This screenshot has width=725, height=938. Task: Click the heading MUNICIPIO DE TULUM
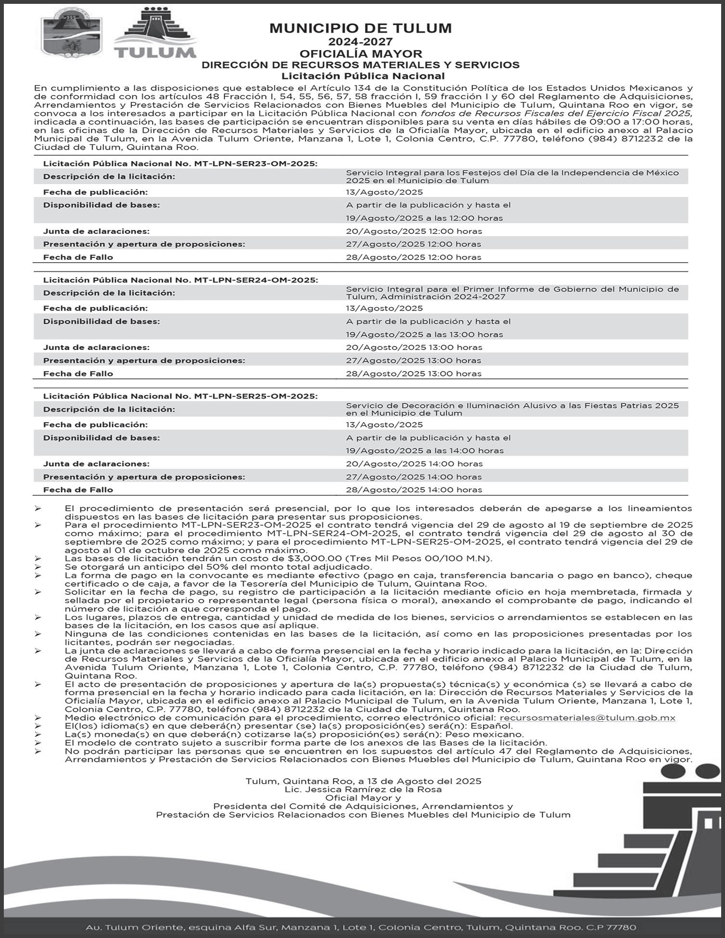361,28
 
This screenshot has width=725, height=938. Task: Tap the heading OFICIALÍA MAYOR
361,53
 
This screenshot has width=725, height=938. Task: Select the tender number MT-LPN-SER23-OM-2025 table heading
180,164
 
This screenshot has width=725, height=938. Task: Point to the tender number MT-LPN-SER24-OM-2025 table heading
180,280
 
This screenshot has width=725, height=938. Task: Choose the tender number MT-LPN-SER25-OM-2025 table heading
180,396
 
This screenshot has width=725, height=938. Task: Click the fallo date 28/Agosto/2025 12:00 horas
414,257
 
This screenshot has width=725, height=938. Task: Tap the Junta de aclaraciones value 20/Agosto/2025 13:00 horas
414,347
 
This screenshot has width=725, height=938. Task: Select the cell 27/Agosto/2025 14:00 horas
414,476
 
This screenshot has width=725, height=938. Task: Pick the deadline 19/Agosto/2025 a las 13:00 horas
424,334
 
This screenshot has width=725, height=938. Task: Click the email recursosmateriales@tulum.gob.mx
587,718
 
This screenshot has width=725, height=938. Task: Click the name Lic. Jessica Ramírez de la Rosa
363,789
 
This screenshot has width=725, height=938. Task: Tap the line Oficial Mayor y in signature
363,797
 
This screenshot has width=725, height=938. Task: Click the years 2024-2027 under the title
361,42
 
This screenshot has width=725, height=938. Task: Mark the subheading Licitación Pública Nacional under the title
363,76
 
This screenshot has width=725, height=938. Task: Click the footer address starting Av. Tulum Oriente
361,927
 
